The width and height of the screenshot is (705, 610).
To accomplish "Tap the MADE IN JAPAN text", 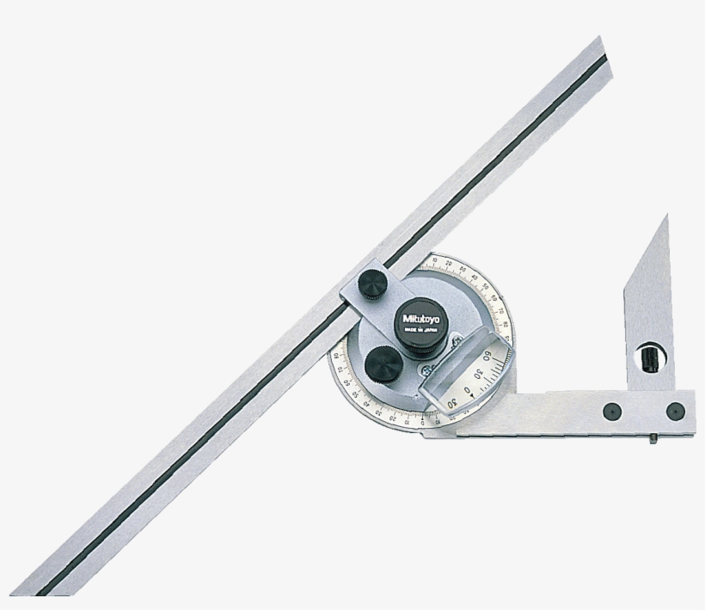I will tap(420, 327).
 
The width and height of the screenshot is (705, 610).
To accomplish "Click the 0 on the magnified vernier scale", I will tap(468, 390).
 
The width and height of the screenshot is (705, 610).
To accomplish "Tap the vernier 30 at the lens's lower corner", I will tap(453, 404).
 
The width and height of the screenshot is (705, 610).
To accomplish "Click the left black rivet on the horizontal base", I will tap(611, 411).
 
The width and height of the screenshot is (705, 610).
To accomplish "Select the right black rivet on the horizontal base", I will tap(675, 411).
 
